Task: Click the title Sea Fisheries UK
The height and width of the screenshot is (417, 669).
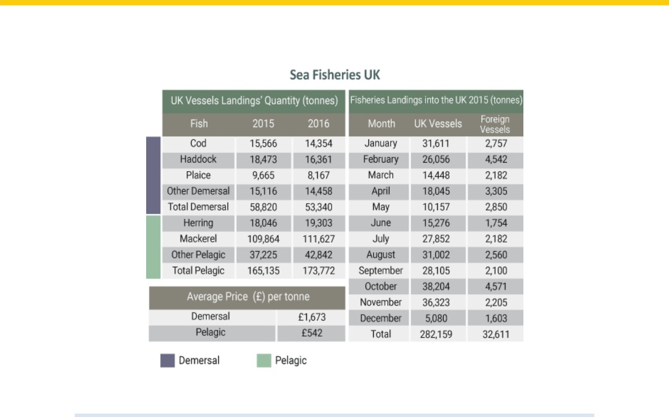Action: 334,75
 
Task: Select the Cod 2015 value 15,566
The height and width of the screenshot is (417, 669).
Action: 263,144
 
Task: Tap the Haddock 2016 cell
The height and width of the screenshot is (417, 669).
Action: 319,159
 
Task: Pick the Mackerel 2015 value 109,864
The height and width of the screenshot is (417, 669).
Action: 263,239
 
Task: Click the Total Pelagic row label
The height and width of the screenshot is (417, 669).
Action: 198,271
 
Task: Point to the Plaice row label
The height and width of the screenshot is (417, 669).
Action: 198,175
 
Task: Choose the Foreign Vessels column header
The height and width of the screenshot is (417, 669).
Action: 495,124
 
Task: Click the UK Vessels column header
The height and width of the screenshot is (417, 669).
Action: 438,124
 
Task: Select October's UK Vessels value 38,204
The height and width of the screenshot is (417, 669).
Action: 436,286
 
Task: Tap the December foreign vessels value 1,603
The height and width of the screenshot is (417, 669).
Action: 496,319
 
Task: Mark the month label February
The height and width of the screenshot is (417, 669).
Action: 381,159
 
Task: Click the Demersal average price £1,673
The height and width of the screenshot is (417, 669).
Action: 312,317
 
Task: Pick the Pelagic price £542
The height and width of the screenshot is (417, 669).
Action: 312,333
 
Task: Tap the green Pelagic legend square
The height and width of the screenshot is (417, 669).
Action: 264,361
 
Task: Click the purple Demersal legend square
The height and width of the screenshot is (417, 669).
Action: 168,361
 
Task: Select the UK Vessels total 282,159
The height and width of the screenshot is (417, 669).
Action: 436,334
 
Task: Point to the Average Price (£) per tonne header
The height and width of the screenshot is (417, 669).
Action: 248,297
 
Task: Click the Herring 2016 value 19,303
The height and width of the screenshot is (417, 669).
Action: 319,223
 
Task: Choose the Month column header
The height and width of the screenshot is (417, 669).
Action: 381,124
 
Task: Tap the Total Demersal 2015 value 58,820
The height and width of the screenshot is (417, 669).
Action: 263,207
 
